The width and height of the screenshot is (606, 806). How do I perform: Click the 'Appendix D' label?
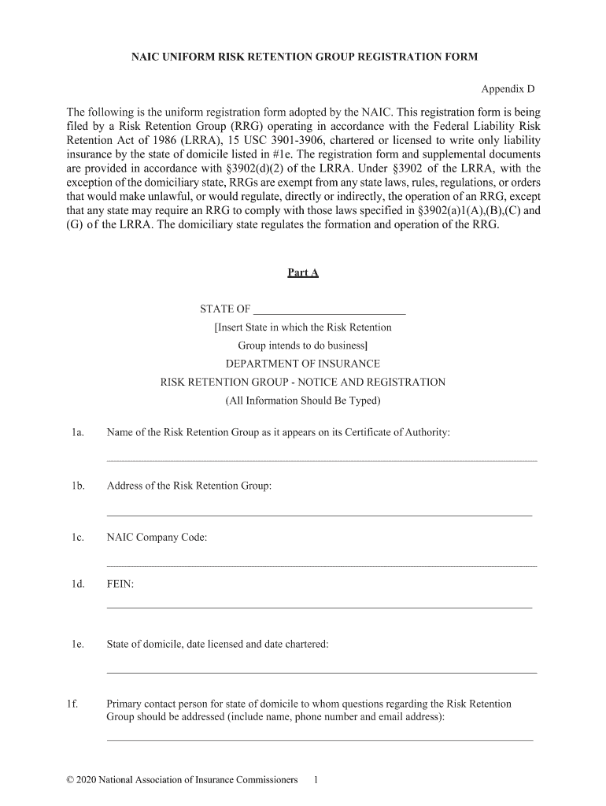508,90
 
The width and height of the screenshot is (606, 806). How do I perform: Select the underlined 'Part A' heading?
303,273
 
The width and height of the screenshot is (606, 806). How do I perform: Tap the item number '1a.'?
77,433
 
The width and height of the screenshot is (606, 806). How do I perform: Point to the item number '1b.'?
77,486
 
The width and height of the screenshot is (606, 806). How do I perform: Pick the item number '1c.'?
77,538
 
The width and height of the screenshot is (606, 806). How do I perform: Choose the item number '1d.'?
77,585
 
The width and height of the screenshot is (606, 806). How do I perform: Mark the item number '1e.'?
77,645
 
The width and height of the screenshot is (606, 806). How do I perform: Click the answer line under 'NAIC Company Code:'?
321,565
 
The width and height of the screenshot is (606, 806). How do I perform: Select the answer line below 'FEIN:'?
319,608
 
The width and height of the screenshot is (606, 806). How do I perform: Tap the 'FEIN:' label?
120,585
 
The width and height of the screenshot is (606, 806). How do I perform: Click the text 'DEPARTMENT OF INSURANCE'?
303,364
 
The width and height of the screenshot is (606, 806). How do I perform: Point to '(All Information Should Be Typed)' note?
303,401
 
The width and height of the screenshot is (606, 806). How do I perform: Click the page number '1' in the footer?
315,780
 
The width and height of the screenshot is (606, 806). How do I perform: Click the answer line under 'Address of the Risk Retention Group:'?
319,516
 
